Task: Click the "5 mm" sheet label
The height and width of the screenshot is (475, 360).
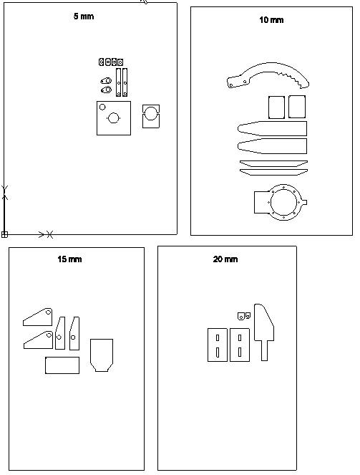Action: [84, 16]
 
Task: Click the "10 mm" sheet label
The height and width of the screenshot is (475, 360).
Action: [271, 20]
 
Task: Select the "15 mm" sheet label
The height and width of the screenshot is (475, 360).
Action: [69, 259]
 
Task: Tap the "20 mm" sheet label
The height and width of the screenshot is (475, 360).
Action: [225, 259]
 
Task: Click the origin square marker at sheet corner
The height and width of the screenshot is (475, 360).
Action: [4, 234]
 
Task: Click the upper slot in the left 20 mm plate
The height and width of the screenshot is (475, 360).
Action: [218, 337]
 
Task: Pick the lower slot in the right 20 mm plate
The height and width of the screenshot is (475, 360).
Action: [240, 352]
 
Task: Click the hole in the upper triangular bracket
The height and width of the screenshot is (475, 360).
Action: [48, 312]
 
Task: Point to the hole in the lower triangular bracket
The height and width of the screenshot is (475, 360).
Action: [49, 335]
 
